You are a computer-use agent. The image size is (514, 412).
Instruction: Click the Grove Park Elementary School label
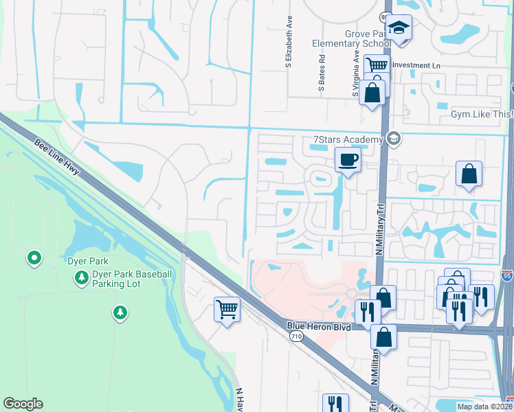click(x=351, y=38)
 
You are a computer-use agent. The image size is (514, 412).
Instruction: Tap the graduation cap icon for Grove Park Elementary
click(x=398, y=28)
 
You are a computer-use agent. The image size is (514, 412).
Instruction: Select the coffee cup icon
click(x=348, y=160)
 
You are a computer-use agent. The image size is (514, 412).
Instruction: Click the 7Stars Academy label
click(x=347, y=140)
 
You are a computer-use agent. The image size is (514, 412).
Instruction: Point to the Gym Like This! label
click(x=482, y=114)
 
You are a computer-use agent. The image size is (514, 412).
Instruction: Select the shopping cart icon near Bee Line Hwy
click(x=227, y=309)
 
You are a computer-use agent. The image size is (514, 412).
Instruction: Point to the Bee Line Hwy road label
click(x=58, y=158)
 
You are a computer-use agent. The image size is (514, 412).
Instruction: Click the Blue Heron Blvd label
click(x=319, y=328)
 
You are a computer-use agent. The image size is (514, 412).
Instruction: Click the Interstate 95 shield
click(x=506, y=276)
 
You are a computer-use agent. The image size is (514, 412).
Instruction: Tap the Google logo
click(x=23, y=404)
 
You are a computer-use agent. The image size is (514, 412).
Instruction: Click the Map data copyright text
click(x=484, y=407)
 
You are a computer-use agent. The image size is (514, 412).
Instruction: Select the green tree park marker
click(x=120, y=314)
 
